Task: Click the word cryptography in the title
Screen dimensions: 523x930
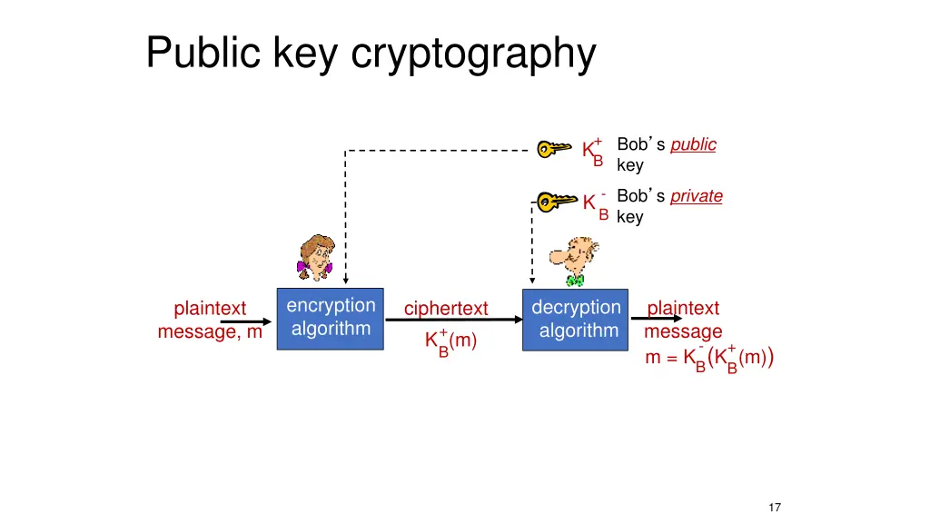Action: tap(473, 54)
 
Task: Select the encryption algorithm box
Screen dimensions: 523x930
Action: tap(330, 318)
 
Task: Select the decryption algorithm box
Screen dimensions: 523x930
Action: tap(576, 320)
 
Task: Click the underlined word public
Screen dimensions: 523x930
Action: tap(693, 144)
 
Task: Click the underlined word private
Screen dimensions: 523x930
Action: tap(697, 196)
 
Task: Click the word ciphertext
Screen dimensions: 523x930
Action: tap(446, 309)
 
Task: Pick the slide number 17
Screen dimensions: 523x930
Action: tap(775, 508)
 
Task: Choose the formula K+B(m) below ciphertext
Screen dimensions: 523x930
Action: tap(450, 342)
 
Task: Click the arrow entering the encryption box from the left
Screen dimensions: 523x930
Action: tap(268, 320)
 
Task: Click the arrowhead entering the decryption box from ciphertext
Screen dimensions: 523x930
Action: tap(517, 320)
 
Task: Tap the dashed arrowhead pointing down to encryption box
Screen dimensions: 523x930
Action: tap(345, 281)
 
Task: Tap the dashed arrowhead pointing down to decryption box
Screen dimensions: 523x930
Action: tap(532, 281)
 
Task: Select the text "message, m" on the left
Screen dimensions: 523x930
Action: tap(210, 332)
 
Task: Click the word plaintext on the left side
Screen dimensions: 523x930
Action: tap(210, 309)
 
